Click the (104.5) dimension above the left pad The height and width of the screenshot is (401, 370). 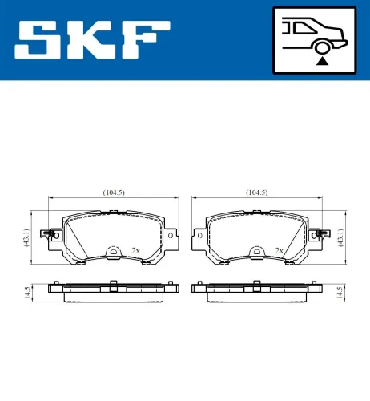pos(113,193)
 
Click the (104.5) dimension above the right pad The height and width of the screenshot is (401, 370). pos(256,193)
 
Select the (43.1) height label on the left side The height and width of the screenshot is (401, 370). pos(26,238)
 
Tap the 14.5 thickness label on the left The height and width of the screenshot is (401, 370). pos(26,293)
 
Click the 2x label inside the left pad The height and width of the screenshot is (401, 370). pos(135,251)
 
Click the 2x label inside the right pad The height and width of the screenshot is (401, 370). pos(279,251)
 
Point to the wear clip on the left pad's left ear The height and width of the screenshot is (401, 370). pos(55,234)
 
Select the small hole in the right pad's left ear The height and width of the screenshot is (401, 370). pos(199,237)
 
